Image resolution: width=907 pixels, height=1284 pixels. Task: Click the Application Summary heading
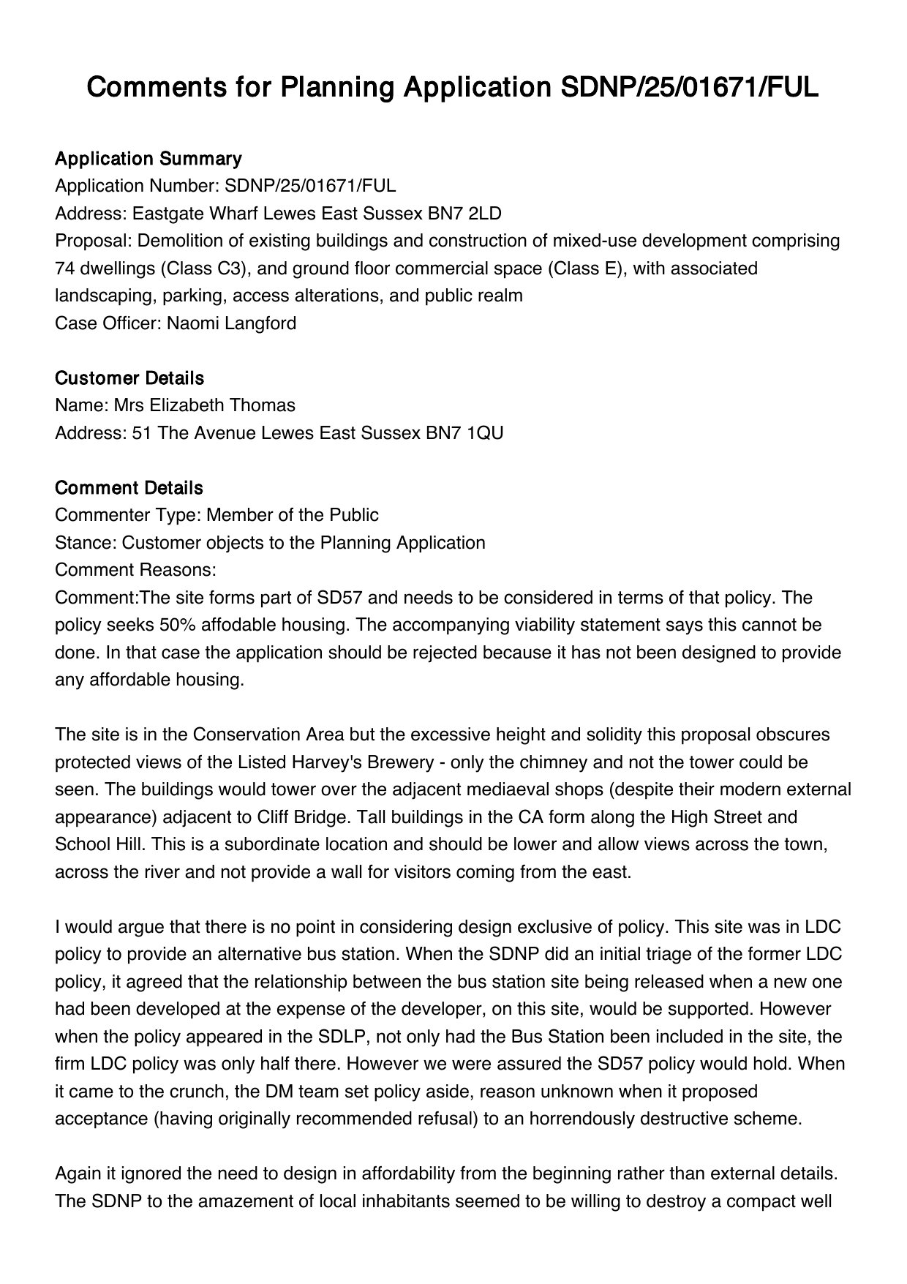click(x=148, y=159)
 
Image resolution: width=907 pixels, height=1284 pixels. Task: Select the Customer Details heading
click(x=129, y=378)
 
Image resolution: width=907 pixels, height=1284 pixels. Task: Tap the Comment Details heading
click(x=129, y=488)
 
